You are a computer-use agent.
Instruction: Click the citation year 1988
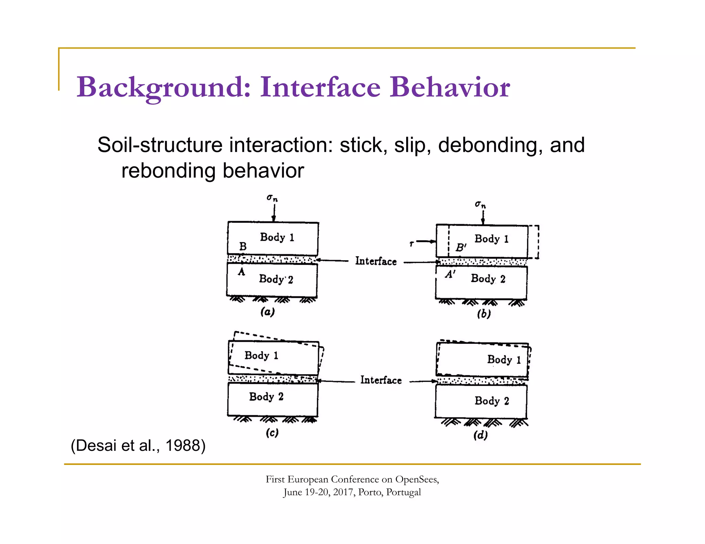pyautogui.click(x=185, y=446)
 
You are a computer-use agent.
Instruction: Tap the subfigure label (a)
pyautogui.click(x=267, y=312)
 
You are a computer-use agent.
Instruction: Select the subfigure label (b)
pyautogui.click(x=484, y=314)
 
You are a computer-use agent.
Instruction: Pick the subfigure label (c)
pyautogui.click(x=272, y=433)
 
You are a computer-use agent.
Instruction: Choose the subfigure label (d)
pyautogui.click(x=481, y=435)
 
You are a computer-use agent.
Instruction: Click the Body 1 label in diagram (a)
pyautogui.click(x=277, y=237)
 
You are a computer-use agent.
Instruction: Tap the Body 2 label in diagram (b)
pyautogui.click(x=488, y=279)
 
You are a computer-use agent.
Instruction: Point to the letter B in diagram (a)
pyautogui.click(x=243, y=247)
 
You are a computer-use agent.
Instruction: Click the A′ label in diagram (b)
pyautogui.click(x=450, y=274)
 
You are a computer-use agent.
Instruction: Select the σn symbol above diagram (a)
pyautogui.click(x=272, y=198)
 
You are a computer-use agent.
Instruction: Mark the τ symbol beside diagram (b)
pyautogui.click(x=411, y=244)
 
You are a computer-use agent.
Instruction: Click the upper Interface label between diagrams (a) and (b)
pyautogui.click(x=376, y=261)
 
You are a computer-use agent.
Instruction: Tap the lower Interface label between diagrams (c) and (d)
pyautogui.click(x=381, y=380)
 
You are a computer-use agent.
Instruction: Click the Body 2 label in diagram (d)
pyautogui.click(x=492, y=401)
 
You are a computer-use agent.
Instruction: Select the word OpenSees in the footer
pyautogui.click(x=417, y=479)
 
